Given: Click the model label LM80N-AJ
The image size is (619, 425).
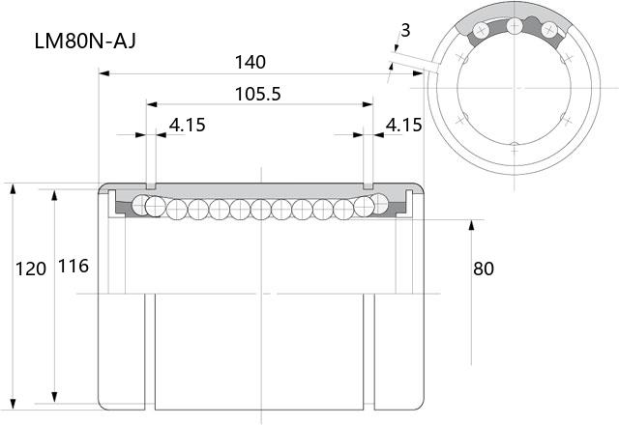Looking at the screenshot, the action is pyautogui.click(x=85, y=41).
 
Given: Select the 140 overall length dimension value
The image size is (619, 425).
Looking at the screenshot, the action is pyautogui.click(x=250, y=62).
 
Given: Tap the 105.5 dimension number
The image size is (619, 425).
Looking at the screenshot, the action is pyautogui.click(x=258, y=95).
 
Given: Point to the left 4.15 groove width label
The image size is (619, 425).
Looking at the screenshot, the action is pyautogui.click(x=187, y=125).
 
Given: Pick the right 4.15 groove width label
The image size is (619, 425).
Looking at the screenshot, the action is pyautogui.click(x=403, y=125).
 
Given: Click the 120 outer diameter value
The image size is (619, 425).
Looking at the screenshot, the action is pyautogui.click(x=31, y=269).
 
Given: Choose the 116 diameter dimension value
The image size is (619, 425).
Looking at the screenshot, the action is pyautogui.click(x=74, y=267).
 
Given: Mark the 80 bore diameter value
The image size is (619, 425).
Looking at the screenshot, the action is pyautogui.click(x=484, y=269).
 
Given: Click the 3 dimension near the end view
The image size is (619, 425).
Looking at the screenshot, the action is pyautogui.click(x=405, y=30).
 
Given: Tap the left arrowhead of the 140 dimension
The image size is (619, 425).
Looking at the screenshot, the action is pyautogui.click(x=103, y=73).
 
